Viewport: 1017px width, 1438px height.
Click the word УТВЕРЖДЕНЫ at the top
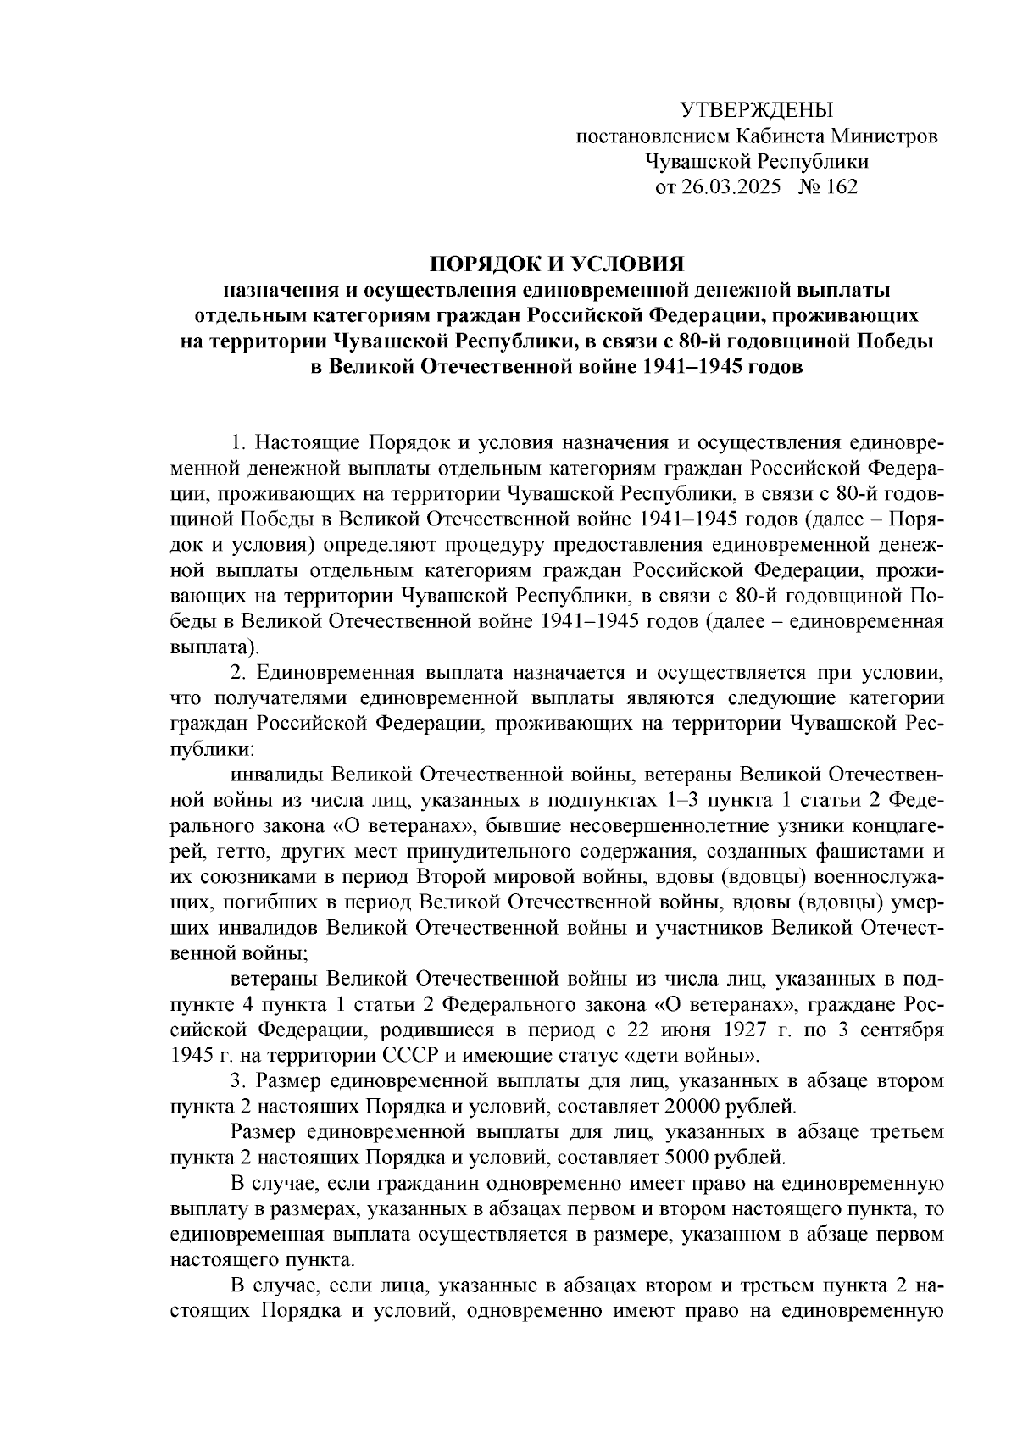[x=757, y=110]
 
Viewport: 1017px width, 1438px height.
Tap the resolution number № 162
[x=828, y=186]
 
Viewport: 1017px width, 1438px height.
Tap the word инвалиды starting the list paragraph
[x=276, y=775]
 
